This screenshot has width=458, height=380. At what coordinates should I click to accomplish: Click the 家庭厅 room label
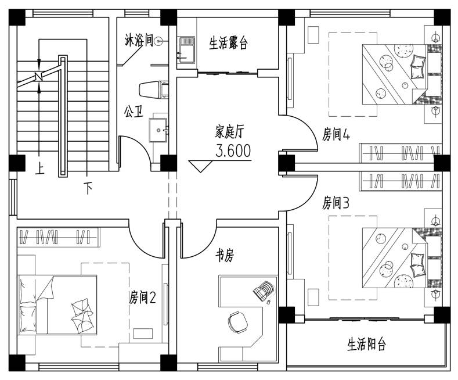229,131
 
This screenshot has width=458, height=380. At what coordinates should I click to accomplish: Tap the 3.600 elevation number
233,151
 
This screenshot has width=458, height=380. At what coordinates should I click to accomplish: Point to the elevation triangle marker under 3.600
200,166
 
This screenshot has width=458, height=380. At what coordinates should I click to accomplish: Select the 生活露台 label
228,43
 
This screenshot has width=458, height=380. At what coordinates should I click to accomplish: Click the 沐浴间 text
139,40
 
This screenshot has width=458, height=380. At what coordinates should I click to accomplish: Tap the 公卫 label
134,112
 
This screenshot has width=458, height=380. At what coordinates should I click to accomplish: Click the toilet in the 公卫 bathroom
154,89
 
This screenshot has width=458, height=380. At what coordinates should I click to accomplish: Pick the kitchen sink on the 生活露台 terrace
187,50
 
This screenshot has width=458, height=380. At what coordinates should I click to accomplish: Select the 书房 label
225,256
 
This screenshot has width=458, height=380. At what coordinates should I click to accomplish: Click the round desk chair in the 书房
238,322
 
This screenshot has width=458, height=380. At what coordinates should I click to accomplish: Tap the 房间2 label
143,297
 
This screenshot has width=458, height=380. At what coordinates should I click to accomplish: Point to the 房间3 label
336,203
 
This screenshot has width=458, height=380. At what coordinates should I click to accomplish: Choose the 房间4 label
336,134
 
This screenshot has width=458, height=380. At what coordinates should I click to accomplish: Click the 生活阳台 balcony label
367,344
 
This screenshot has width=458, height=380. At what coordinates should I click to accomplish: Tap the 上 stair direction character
39,169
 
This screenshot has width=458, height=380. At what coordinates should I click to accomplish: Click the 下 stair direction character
88,188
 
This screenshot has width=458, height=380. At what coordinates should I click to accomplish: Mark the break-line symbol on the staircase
38,76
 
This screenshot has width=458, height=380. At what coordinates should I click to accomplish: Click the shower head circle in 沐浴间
158,41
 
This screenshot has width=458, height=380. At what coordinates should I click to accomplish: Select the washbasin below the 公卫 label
158,130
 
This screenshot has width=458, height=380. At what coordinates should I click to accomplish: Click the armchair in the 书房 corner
264,291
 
